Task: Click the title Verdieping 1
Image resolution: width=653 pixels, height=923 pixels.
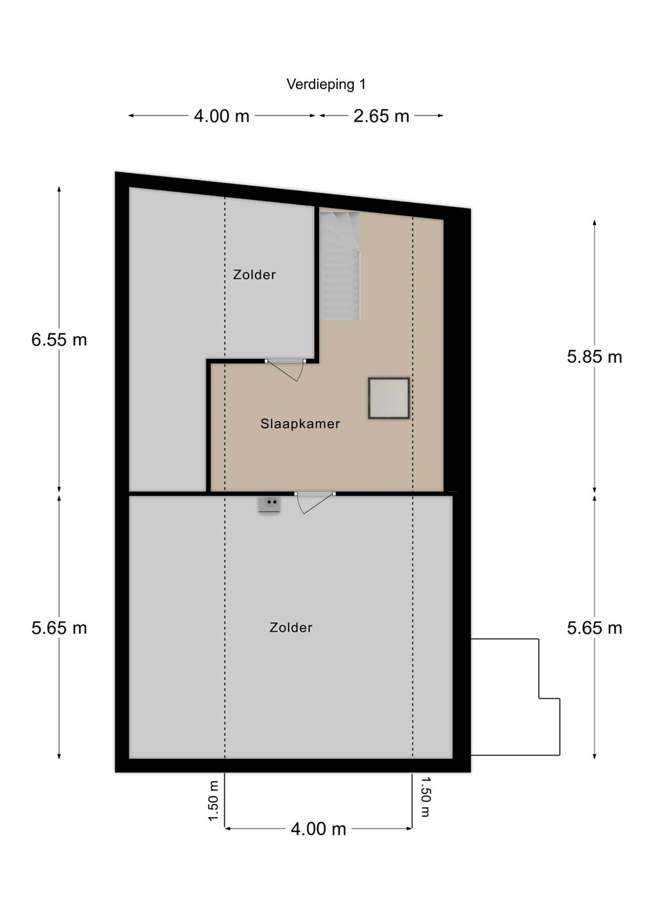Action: coord(326,85)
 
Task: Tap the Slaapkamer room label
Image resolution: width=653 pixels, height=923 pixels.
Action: coord(300,424)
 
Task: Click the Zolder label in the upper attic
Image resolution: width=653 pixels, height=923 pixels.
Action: coord(254,274)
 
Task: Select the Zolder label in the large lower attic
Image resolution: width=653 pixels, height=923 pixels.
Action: coord(291,628)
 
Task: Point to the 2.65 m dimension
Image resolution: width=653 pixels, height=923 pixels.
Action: coord(381,116)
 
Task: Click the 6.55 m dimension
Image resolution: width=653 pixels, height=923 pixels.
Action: coord(60,340)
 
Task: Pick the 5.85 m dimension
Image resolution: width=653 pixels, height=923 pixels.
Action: coord(595,357)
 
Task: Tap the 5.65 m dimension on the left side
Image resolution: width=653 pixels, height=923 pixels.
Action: coord(60,628)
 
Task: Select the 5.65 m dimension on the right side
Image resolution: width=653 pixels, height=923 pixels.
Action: coord(595,628)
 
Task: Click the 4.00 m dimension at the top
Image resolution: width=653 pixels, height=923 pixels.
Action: coord(222,116)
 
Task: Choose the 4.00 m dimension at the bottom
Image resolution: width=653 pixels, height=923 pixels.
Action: coord(318,829)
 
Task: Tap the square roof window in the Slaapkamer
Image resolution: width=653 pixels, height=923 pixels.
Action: coord(389,399)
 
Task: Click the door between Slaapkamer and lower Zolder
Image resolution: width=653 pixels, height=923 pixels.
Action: coord(315,503)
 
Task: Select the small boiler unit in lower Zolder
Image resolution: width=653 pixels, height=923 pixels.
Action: coord(269,505)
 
